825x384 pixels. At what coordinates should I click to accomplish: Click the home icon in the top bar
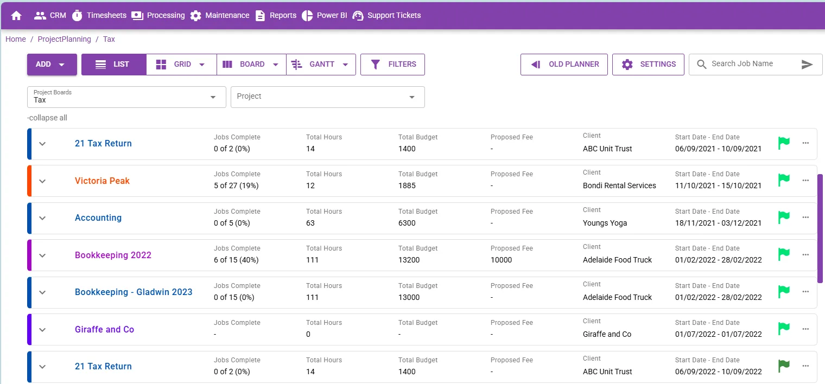(x=16, y=16)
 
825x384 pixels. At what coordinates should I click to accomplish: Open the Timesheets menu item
(x=99, y=16)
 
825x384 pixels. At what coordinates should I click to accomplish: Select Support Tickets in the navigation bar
(x=386, y=16)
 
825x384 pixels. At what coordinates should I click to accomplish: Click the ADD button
(x=52, y=65)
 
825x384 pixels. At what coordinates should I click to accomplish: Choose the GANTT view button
(x=321, y=65)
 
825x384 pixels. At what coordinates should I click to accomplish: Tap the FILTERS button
(x=392, y=65)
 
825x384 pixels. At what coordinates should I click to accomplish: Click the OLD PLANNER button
(x=564, y=65)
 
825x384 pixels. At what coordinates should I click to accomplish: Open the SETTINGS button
(x=648, y=65)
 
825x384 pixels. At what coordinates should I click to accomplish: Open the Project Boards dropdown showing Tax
(x=126, y=97)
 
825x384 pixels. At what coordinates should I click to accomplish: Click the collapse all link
(x=47, y=118)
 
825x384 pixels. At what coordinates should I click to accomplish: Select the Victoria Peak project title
(x=102, y=181)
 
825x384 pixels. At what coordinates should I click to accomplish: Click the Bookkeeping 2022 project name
(x=113, y=255)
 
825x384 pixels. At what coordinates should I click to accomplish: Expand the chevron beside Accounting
(x=42, y=218)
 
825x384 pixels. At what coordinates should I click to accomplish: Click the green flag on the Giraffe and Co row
(x=784, y=328)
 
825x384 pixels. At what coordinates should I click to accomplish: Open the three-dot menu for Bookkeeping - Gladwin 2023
(x=805, y=292)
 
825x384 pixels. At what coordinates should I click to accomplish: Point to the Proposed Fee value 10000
(x=502, y=260)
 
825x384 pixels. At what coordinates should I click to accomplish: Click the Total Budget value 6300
(x=407, y=223)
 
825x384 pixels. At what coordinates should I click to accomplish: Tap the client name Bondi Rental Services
(x=619, y=185)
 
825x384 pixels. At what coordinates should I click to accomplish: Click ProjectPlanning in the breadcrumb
(x=65, y=39)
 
